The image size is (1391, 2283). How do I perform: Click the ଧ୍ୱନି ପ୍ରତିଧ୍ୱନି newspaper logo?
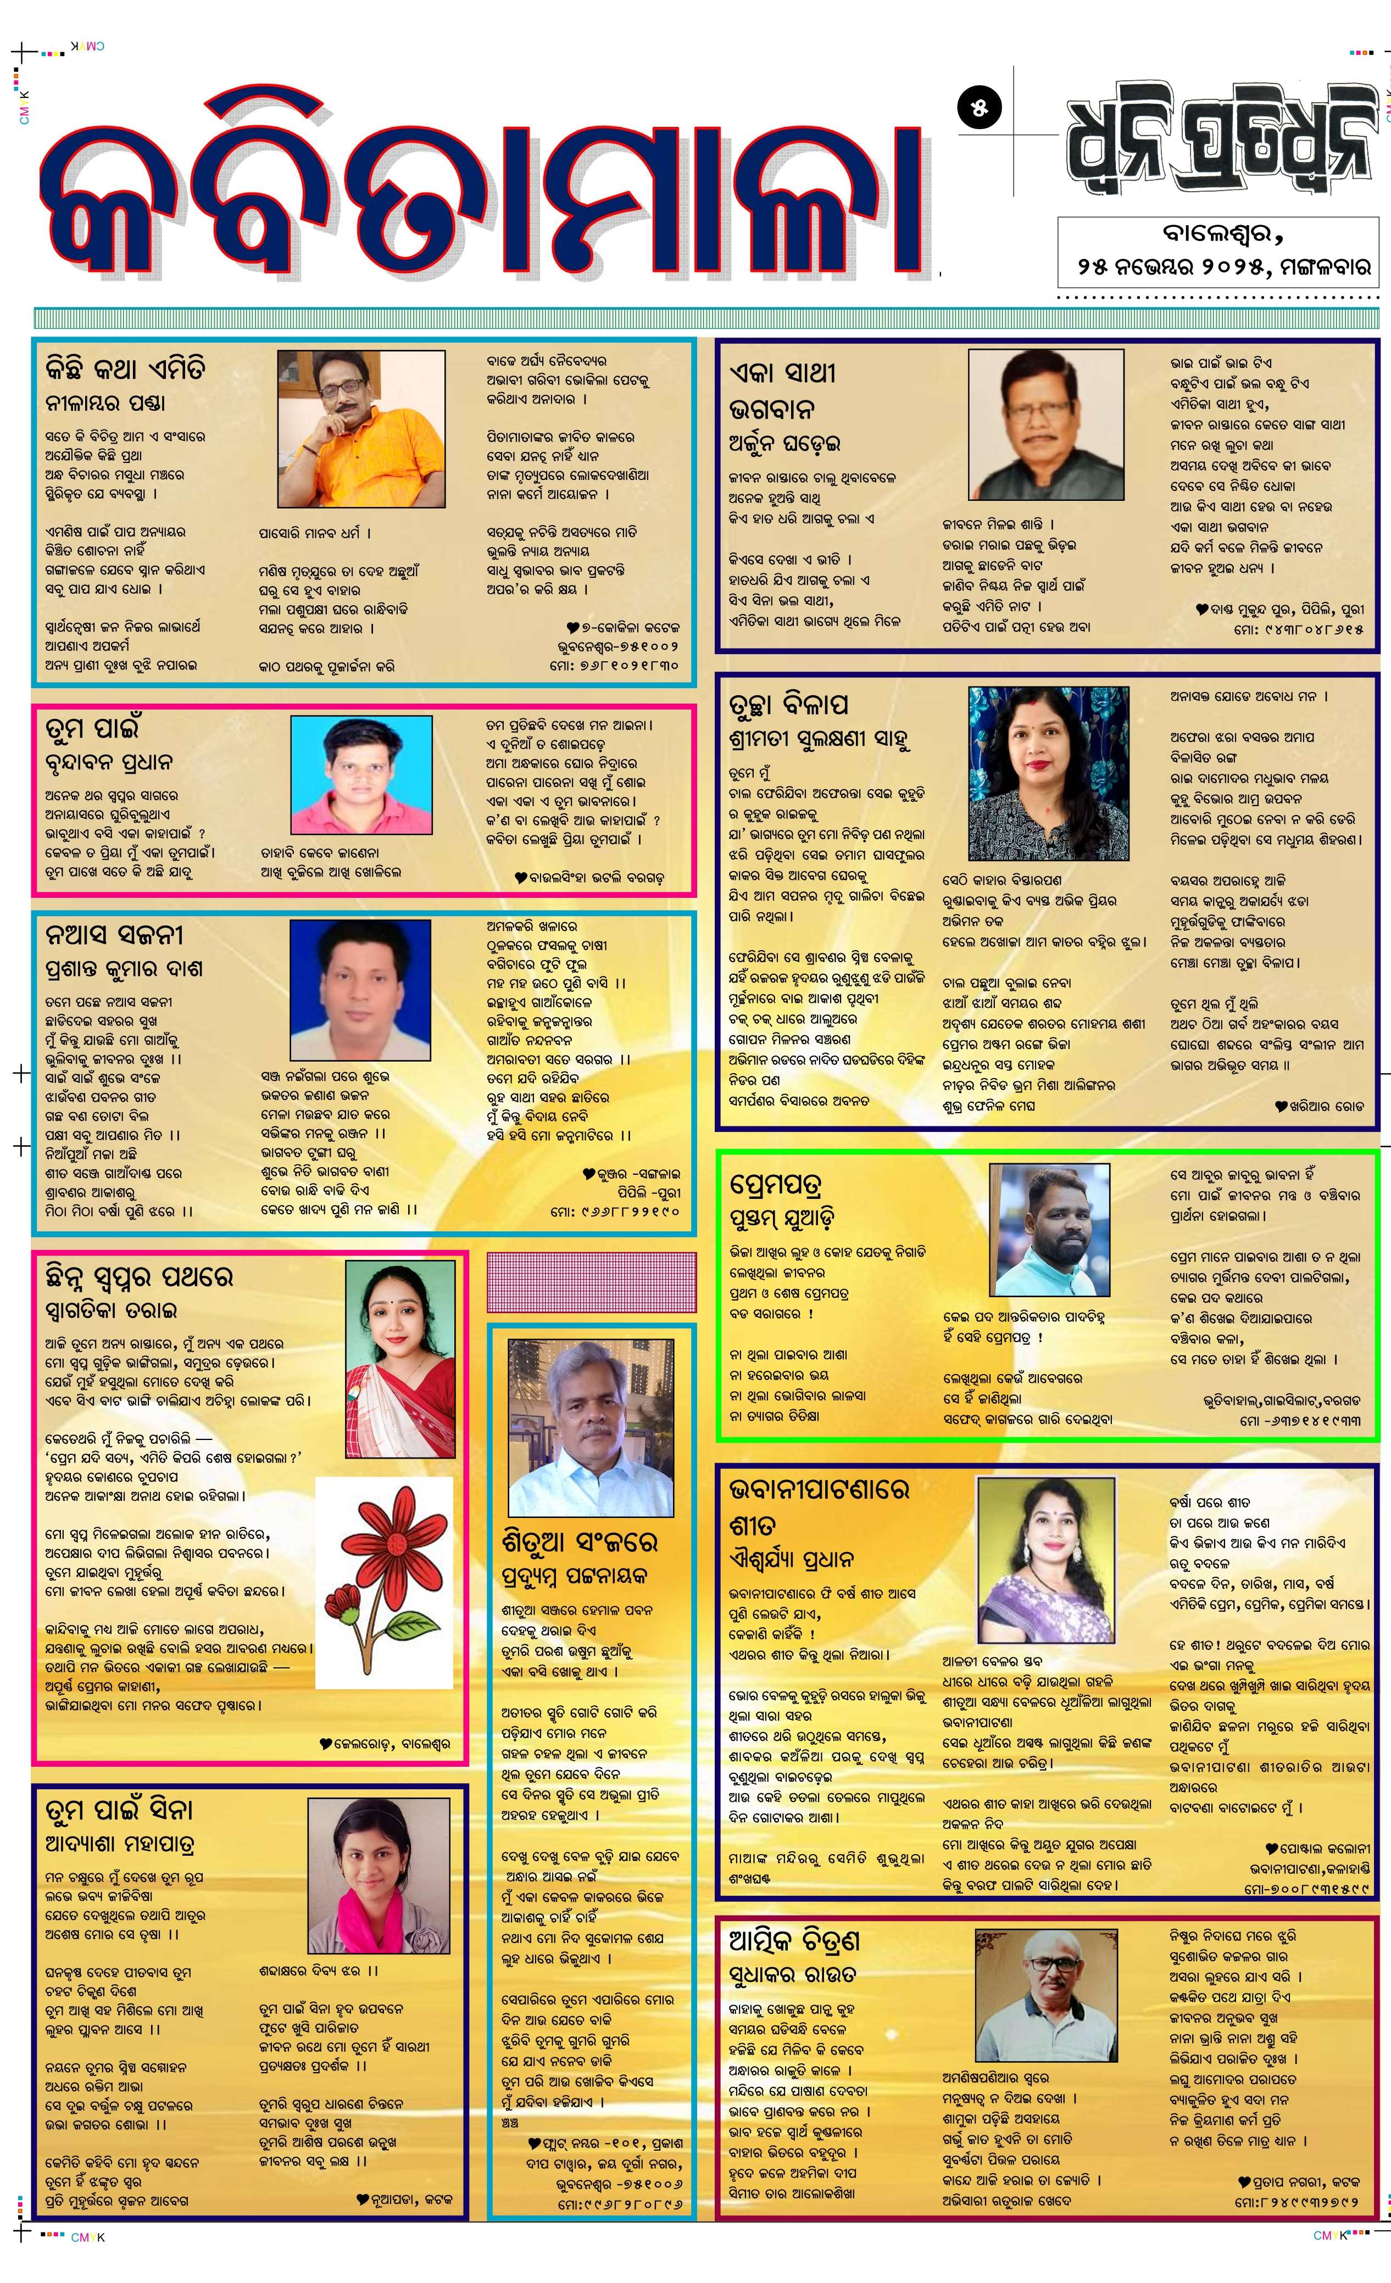pos(1217,139)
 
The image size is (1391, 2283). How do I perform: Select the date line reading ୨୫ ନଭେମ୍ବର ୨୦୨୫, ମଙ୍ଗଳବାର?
pos(1223,266)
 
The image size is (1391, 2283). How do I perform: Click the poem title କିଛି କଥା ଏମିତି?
pos(126,369)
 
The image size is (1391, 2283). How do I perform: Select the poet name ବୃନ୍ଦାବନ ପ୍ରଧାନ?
pos(108,762)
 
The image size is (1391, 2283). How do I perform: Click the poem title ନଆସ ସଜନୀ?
pos(114,934)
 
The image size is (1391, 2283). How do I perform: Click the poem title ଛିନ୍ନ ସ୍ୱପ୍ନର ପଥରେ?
pos(139,1277)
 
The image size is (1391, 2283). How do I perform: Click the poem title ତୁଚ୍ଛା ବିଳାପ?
pos(789,704)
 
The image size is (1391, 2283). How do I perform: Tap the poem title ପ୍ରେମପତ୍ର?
pos(776,1184)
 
